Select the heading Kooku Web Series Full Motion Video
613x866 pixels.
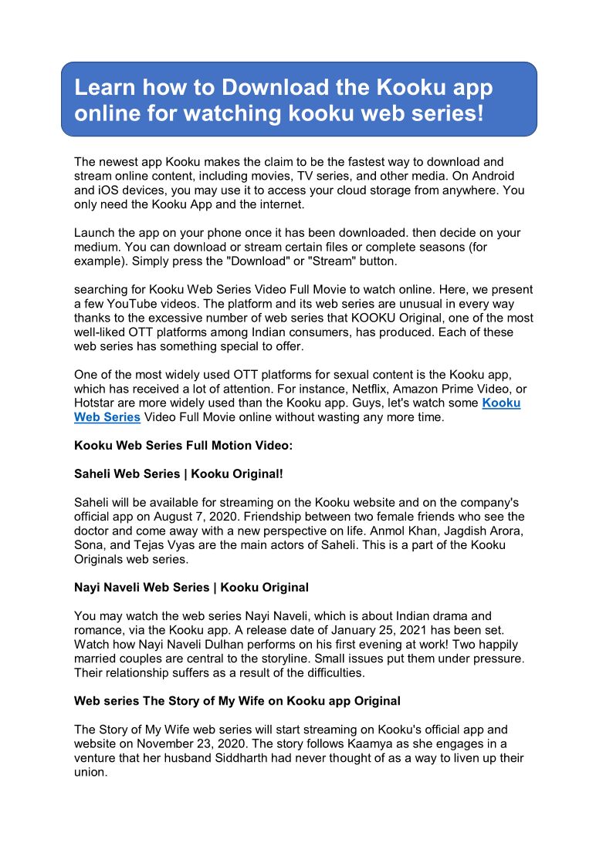(x=183, y=446)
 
